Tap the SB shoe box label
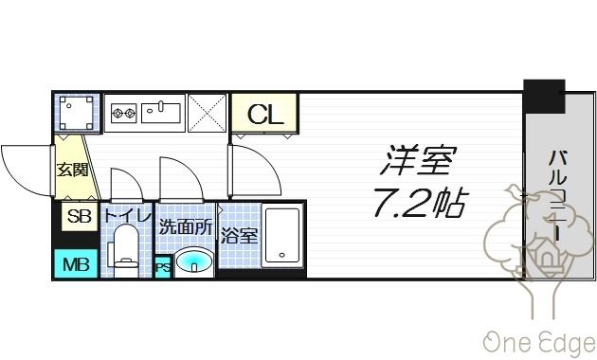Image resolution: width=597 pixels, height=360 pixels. point(78,217)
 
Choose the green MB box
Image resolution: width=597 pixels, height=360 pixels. point(76,263)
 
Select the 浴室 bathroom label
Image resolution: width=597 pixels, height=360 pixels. point(239,235)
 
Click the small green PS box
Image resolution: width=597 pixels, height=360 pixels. point(163,267)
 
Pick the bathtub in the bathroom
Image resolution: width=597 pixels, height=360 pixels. point(282,235)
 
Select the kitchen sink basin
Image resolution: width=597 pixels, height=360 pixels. point(164,114)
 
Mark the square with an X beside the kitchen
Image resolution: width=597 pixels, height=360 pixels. point(207,114)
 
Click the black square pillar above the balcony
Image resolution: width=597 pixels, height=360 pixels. point(544,96)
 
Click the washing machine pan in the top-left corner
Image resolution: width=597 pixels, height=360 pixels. point(76,114)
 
